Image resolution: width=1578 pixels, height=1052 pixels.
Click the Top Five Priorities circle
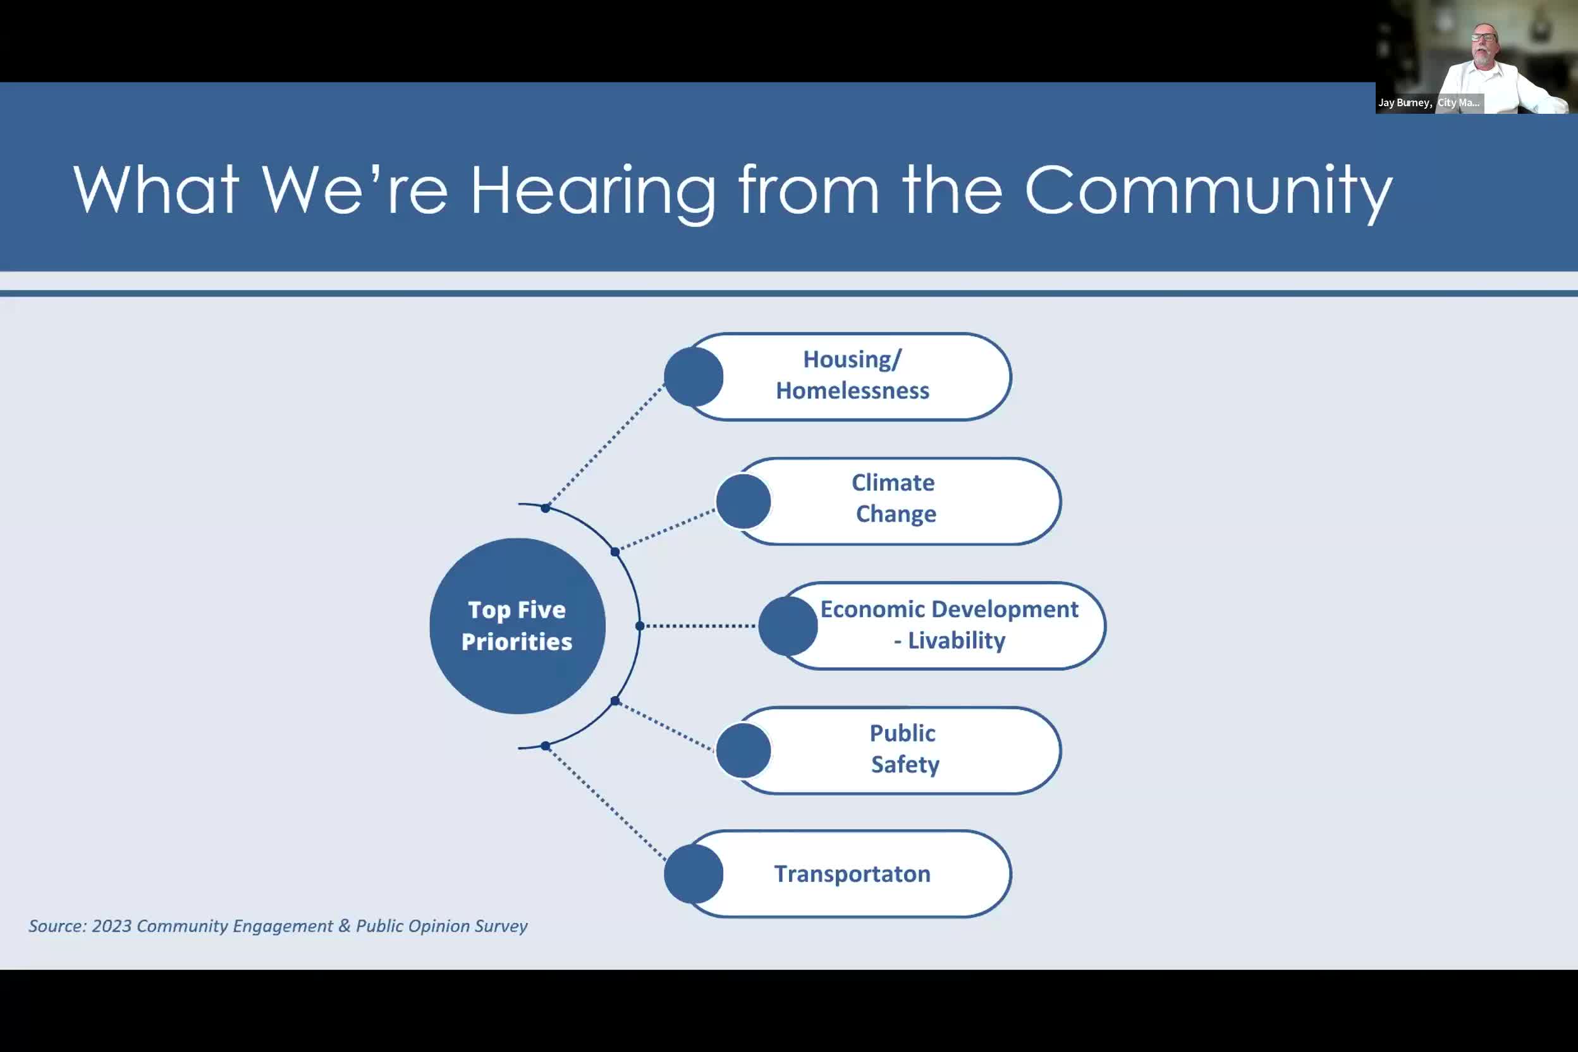(x=517, y=626)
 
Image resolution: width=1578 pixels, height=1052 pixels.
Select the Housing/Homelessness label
(x=852, y=375)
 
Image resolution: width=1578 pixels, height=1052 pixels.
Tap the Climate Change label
(x=895, y=498)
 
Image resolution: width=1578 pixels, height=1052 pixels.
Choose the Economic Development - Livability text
(x=950, y=625)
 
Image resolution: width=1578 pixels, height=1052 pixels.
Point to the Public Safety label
(x=903, y=749)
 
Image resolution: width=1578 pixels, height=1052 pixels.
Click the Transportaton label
(x=852, y=874)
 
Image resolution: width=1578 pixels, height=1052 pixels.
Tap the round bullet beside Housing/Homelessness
(x=694, y=376)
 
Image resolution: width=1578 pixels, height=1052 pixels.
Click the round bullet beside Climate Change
(x=743, y=501)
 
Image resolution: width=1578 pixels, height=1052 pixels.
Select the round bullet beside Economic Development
(x=788, y=626)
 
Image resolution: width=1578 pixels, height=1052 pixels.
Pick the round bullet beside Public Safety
(x=743, y=750)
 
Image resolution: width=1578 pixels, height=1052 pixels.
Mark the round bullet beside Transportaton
(x=694, y=874)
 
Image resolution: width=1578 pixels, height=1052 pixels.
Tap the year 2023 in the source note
(x=112, y=926)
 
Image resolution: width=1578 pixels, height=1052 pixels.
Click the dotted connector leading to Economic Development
(x=699, y=626)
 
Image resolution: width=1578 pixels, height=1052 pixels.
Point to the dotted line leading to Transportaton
(x=605, y=802)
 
